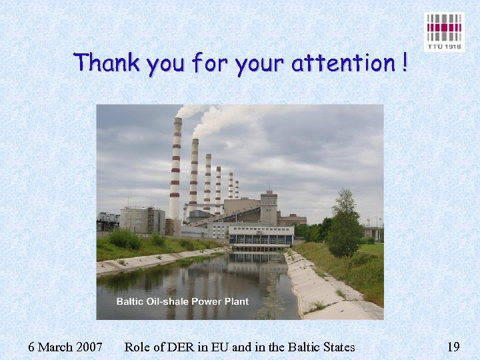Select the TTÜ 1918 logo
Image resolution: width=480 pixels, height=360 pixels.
click(443, 31)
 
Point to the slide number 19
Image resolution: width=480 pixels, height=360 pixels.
click(453, 347)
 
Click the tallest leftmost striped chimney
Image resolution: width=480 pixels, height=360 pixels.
click(176, 167)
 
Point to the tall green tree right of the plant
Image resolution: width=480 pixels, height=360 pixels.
click(344, 227)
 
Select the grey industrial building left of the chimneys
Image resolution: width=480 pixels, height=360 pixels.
click(142, 219)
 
